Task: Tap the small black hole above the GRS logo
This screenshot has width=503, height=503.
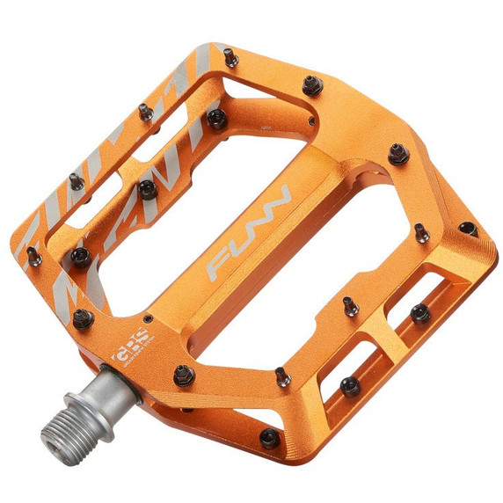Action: click(x=148, y=319)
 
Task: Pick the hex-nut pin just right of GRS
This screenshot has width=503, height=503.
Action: click(x=183, y=375)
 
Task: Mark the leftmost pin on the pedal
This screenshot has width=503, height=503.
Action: click(x=33, y=257)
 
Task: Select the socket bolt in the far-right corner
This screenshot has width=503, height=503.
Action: click(x=466, y=229)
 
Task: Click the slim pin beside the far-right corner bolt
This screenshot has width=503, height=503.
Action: click(x=422, y=233)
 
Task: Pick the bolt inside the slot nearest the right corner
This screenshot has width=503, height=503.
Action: click(x=419, y=312)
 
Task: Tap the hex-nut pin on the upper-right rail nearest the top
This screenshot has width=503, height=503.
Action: click(x=310, y=86)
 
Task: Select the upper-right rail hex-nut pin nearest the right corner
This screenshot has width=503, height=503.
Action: click(x=397, y=155)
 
